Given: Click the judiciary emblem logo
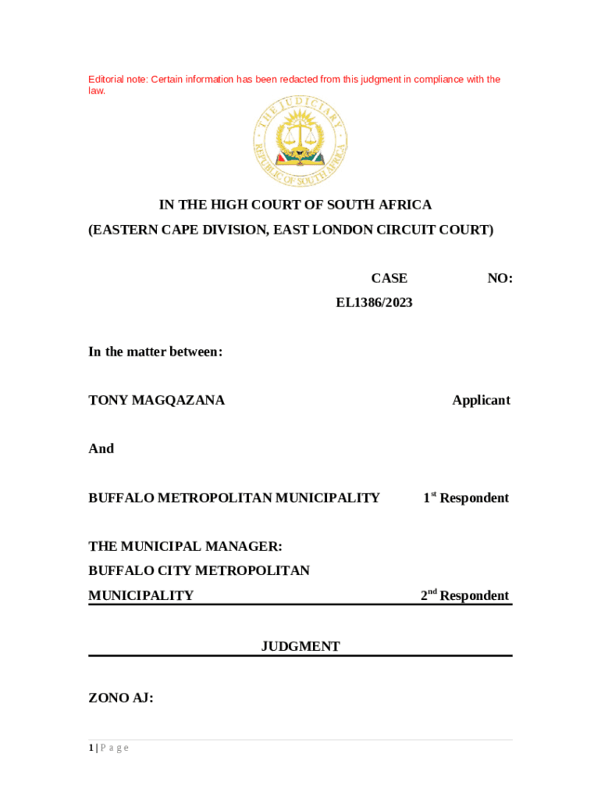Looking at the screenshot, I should pos(300,141).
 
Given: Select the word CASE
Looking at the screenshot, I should pos(389,278).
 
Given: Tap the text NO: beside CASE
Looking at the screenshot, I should pos(500,278).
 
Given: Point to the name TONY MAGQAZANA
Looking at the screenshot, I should pos(156,400).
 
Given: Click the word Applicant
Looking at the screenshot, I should pos(481,400).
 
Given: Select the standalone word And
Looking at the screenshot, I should pos(101,448).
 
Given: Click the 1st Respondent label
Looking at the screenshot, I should pos(466,498).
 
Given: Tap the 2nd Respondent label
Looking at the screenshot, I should pos(464,595).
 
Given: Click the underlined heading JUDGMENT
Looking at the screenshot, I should pos(300,646).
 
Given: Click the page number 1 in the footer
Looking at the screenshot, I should pos(91,748).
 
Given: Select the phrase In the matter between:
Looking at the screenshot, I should pos(155,352).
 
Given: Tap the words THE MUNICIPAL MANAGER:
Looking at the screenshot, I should pos(185,546).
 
